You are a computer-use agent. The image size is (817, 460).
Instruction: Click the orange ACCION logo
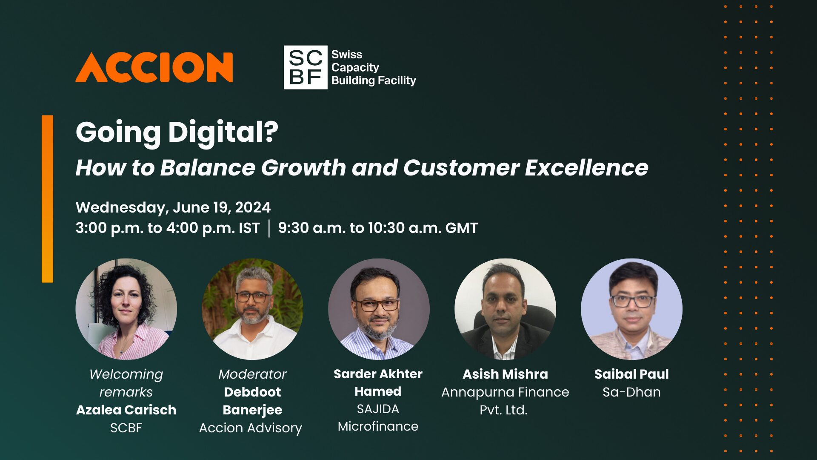[x=154, y=67]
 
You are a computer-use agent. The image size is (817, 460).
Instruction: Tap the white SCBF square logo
[x=305, y=67]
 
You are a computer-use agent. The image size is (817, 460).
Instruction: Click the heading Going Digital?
[x=177, y=132]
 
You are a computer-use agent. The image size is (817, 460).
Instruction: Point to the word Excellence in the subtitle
[x=586, y=167]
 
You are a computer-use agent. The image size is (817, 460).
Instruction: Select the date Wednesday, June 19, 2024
[x=173, y=207]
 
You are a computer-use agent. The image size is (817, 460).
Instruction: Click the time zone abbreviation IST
[x=249, y=228]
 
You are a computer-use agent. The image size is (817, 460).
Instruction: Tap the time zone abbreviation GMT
[x=461, y=228]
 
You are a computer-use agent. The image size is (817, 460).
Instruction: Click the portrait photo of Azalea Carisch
[x=126, y=309]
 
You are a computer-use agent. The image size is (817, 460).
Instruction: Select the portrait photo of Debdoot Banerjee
[x=252, y=309]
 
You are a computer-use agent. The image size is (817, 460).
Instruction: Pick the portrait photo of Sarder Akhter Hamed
[x=379, y=309]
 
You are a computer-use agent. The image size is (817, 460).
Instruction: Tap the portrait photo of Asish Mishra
[x=505, y=309]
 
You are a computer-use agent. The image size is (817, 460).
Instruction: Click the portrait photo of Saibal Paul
[x=631, y=309]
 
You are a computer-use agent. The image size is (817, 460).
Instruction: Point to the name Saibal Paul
[x=631, y=374]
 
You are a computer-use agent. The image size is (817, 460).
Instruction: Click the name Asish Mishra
[x=505, y=374]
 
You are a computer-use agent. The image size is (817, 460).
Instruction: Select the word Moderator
[x=252, y=374]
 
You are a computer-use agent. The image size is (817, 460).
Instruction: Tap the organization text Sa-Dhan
[x=631, y=392]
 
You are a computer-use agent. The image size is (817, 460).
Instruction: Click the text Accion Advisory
[x=251, y=428]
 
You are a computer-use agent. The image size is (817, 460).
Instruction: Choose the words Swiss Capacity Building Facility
[x=373, y=67]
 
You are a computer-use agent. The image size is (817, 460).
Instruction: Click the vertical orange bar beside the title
[x=47, y=198]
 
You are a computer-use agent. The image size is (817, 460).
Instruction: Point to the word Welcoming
[x=126, y=374]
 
